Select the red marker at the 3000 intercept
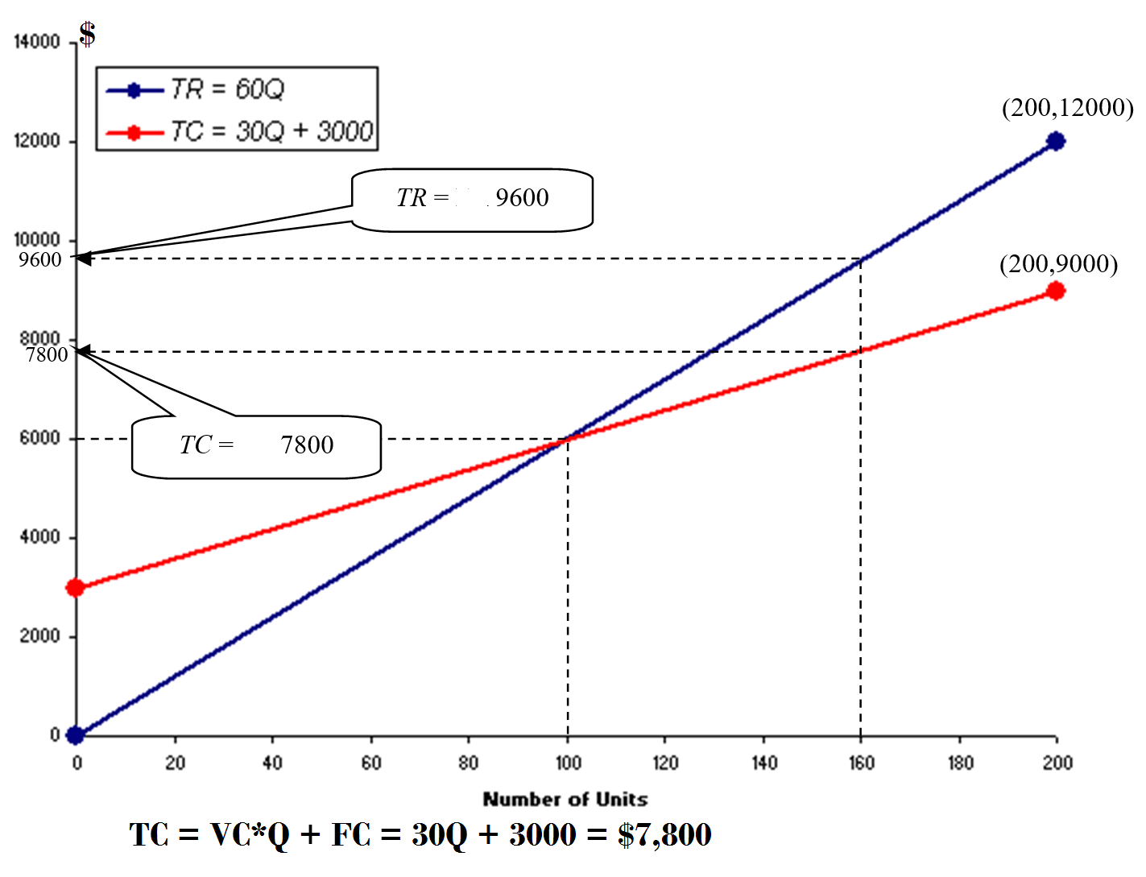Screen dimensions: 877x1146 [76, 587]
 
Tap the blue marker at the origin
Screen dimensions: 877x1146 [76, 734]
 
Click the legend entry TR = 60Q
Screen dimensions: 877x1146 [227, 89]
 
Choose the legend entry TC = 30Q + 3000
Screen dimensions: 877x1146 [271, 130]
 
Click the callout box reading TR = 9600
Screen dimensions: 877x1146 [473, 199]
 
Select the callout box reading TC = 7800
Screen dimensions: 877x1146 [256, 446]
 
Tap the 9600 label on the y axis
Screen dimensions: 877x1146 [40, 260]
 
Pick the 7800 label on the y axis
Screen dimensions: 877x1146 [47, 355]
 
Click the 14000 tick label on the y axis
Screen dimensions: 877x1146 [37, 42]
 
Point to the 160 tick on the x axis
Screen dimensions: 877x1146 [861, 762]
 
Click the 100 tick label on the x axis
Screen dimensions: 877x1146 [568, 762]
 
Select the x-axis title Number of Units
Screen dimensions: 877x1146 [565, 799]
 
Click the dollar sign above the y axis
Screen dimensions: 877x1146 [87, 34]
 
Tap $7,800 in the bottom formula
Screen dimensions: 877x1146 [664, 835]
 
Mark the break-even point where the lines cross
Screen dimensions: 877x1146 [568, 439]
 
